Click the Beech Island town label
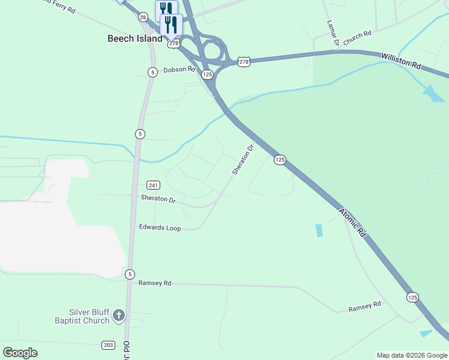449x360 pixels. coord(134,38)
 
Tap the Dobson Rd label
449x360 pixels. coord(180,70)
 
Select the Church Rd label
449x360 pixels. coord(358,36)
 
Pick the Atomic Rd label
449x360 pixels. coord(352,221)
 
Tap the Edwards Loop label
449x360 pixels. coord(160,227)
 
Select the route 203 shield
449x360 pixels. coord(108,344)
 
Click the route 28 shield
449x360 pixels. coord(143,17)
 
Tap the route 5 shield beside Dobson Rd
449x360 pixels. coord(152,72)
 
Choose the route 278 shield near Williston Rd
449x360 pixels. coord(243,62)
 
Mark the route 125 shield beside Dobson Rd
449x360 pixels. coord(207,74)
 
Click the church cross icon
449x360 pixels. coord(119,314)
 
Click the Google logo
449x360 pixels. coord(20,352)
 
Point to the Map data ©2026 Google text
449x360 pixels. coord(412,355)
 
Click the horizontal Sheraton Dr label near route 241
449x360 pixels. coord(158,199)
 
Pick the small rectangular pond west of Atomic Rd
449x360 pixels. coord(318,230)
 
